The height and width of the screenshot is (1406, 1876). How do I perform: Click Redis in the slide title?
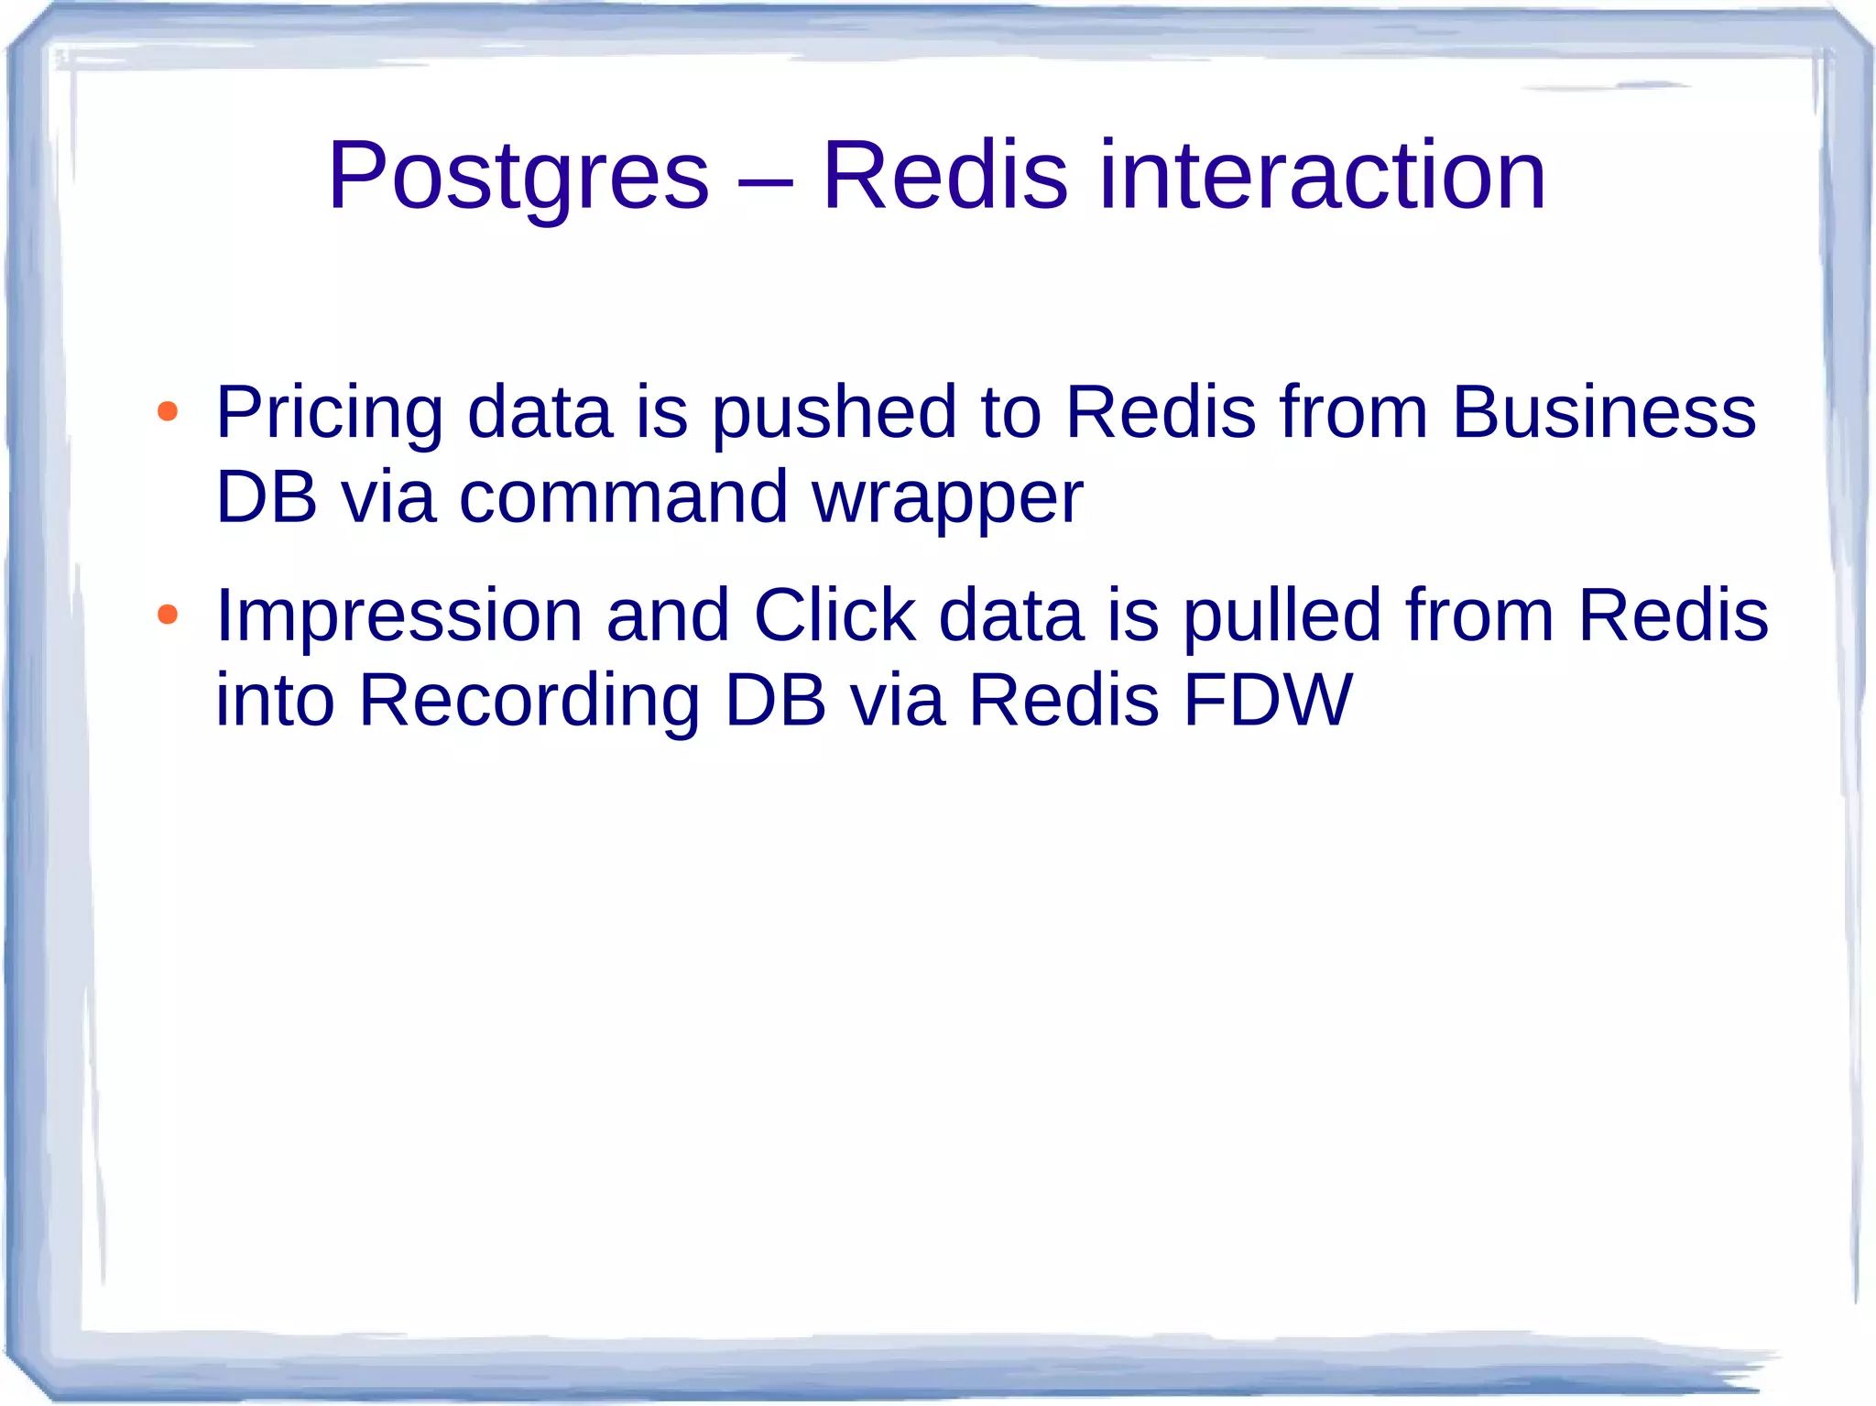tap(944, 175)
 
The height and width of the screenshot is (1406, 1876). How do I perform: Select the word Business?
tap(1603, 412)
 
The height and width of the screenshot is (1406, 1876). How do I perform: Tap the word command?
tap(623, 497)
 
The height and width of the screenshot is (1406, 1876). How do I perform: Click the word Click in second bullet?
tap(834, 615)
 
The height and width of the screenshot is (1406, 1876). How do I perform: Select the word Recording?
tap(529, 702)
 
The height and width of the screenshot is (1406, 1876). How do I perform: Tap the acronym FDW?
tap(1267, 700)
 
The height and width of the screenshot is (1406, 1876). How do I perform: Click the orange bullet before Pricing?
tap(167, 412)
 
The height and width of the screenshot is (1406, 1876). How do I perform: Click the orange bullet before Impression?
tap(167, 615)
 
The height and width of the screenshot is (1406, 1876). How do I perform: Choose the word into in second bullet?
tap(275, 700)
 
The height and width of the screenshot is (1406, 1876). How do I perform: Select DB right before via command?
tap(266, 497)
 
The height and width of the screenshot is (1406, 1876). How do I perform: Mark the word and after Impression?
tap(668, 615)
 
